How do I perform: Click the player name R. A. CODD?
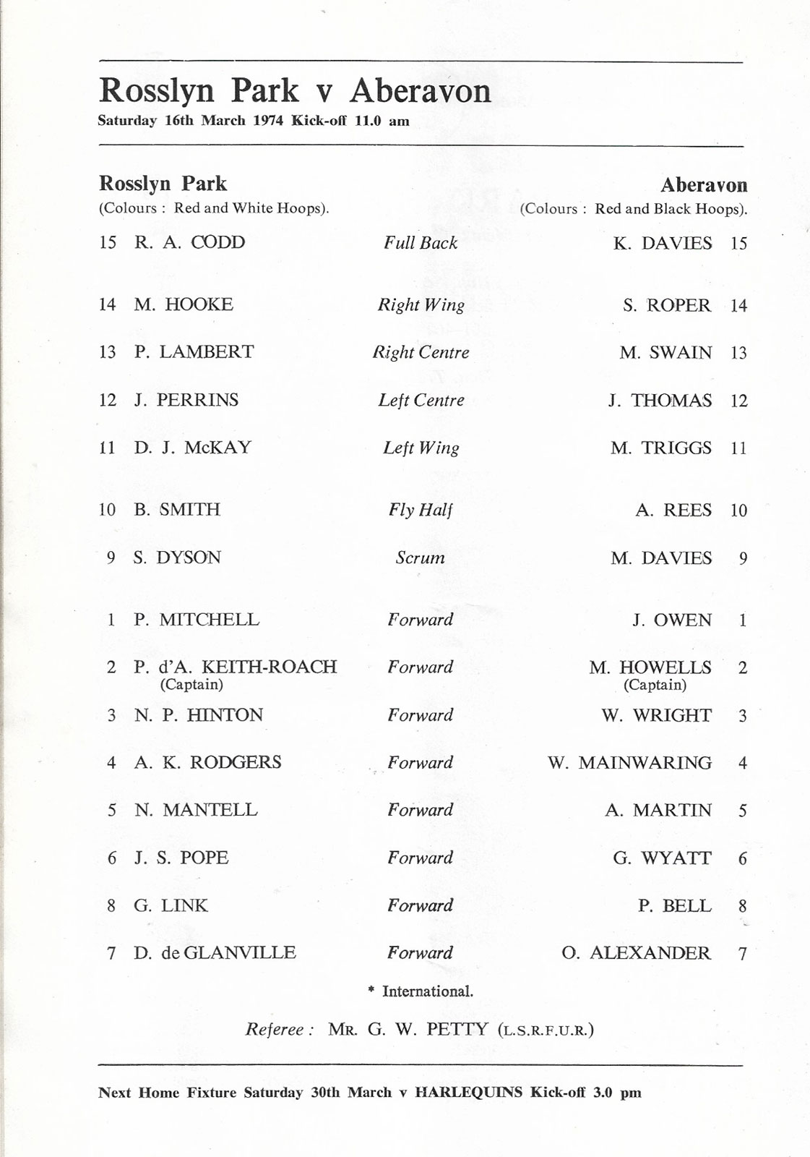(x=189, y=242)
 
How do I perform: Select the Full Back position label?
(x=421, y=243)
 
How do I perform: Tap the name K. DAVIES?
(x=662, y=243)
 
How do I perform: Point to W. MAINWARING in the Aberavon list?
(x=629, y=763)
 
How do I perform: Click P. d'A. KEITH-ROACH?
(x=236, y=667)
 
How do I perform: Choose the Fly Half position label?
(x=421, y=510)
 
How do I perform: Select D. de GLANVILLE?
(x=215, y=953)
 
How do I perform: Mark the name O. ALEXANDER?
(x=636, y=953)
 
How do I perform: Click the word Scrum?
(x=421, y=558)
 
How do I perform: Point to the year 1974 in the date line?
(x=270, y=121)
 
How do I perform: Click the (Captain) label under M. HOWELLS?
(x=655, y=685)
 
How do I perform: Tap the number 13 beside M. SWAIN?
(x=738, y=353)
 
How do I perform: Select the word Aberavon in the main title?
(x=421, y=91)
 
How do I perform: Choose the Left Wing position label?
(x=421, y=448)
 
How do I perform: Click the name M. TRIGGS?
(x=660, y=448)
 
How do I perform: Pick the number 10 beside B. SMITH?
(x=107, y=510)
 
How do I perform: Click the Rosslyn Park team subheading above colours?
(x=163, y=184)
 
